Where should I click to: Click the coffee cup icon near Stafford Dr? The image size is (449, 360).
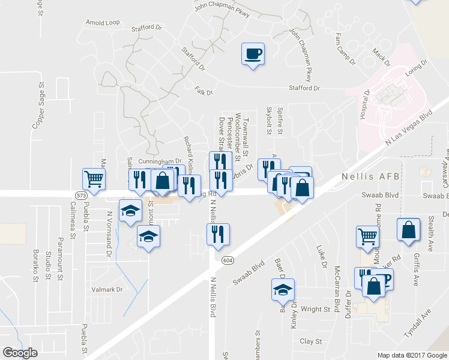(253, 54)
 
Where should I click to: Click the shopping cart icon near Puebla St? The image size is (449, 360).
(93, 179)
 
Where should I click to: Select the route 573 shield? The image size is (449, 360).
(81, 196)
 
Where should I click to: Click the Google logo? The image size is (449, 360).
(20, 353)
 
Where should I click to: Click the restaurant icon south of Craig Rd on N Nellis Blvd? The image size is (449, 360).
(218, 234)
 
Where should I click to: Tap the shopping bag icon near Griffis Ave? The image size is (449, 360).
(408, 230)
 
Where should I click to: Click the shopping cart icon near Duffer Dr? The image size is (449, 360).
(367, 235)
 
